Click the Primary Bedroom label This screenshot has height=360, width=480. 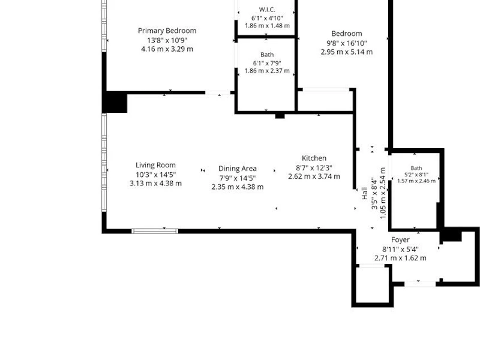tap(167, 31)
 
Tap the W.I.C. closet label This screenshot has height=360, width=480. tap(267, 10)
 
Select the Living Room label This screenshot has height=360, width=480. tap(155, 166)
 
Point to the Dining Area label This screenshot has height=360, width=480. tap(238, 169)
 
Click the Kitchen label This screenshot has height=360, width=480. tap(314, 158)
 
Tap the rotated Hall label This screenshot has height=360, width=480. tap(365, 193)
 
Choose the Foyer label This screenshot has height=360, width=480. tap(400, 239)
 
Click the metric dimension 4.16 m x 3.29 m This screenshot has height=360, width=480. tap(167, 49)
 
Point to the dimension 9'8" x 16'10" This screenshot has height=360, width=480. tap(347, 43)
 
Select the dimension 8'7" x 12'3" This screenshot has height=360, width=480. tap(314, 168)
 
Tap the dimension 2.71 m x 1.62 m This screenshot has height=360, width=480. tap(400, 258)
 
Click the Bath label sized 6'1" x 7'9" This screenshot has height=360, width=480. tap(267, 55)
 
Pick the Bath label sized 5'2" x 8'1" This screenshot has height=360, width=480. tap(416, 168)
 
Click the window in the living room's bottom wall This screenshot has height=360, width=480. tap(155, 231)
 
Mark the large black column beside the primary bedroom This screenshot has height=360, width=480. tap(115, 102)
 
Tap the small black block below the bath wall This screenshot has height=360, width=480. tap(280, 116)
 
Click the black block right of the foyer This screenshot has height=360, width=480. tap(451, 235)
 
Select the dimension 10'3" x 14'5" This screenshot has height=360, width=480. tap(155, 175)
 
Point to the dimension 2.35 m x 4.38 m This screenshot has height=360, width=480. tap(238, 187)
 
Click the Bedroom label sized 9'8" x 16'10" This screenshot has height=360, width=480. tap(347, 34)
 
